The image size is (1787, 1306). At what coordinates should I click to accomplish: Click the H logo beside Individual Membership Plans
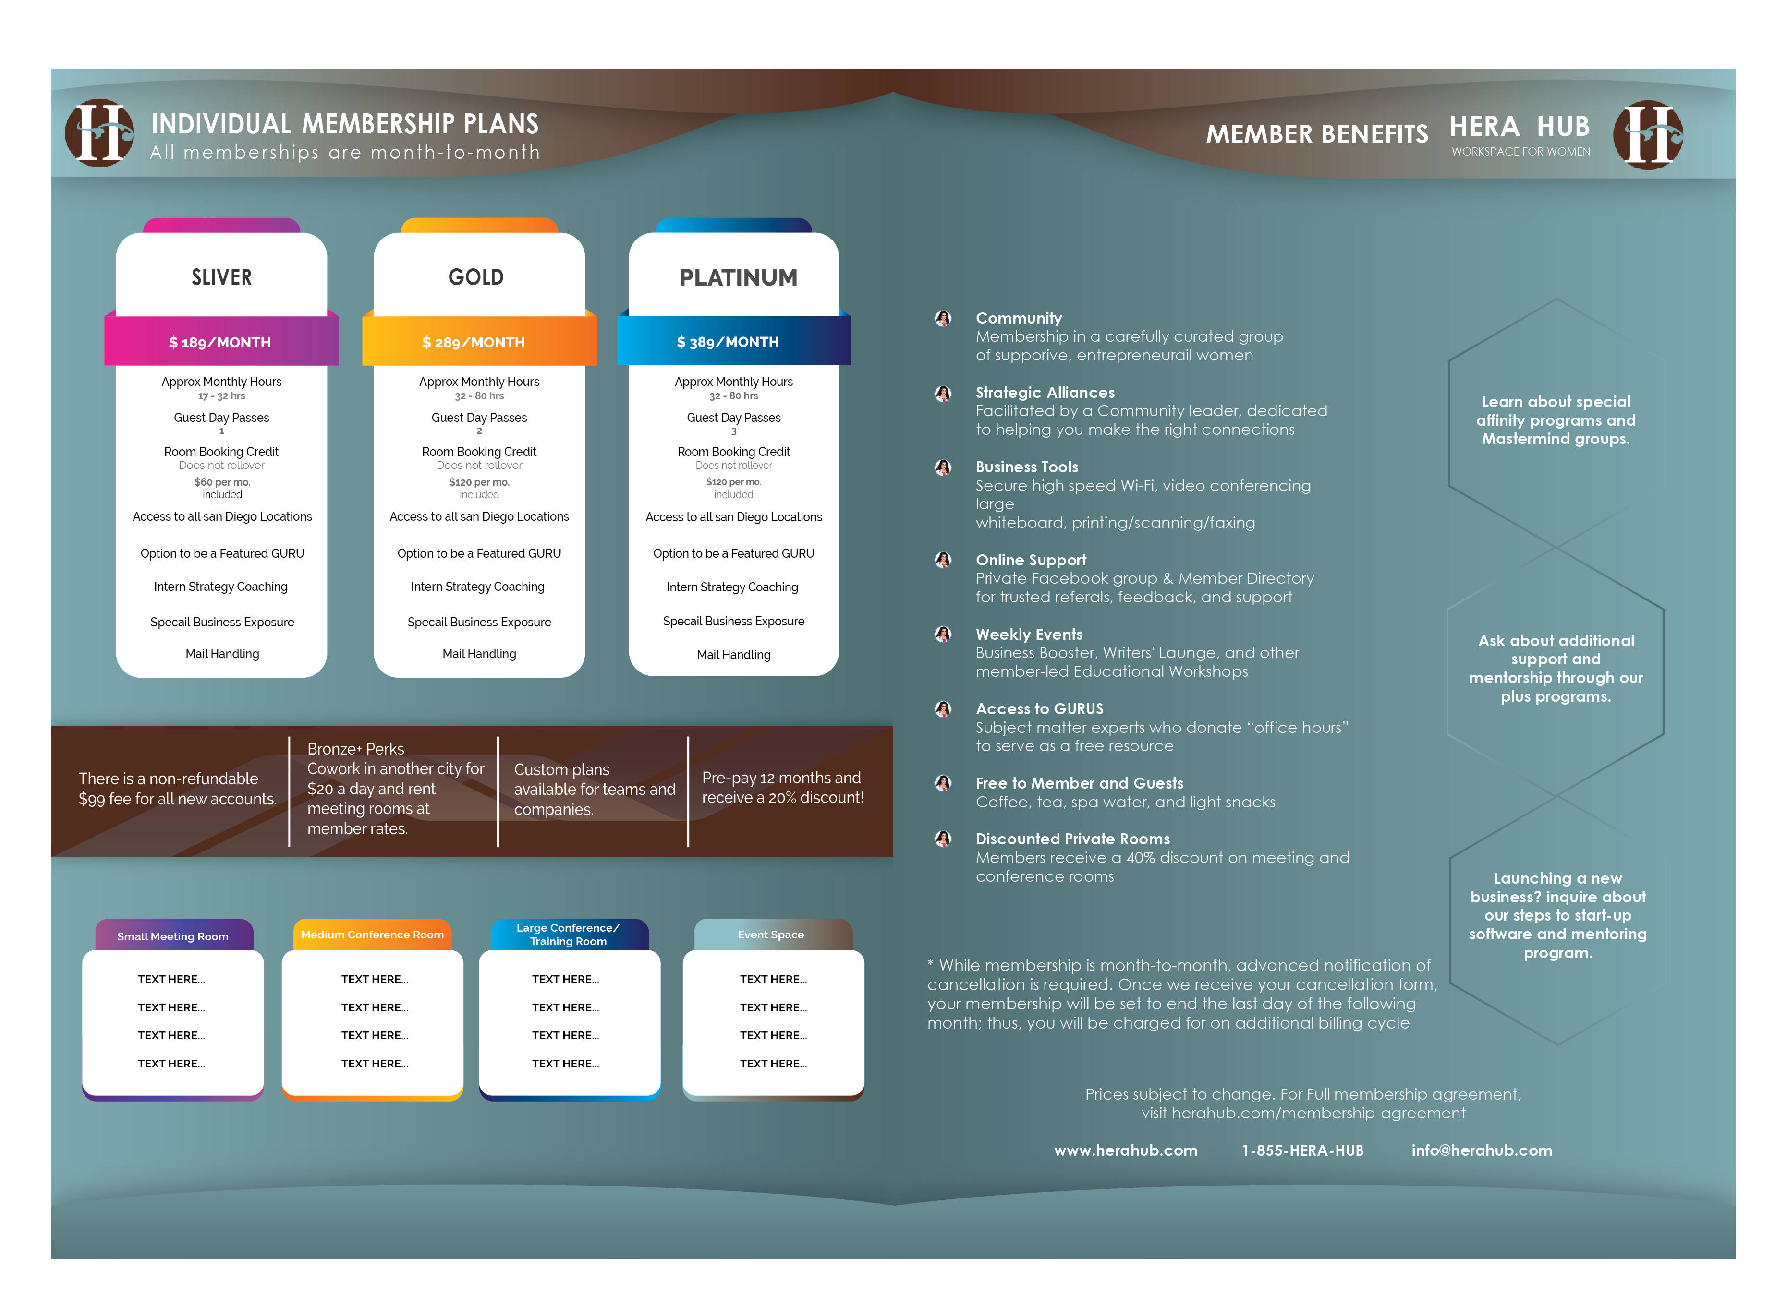(x=100, y=133)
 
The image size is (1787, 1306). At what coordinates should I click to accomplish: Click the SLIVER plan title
(x=221, y=277)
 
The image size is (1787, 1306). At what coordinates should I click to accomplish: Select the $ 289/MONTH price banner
(x=474, y=342)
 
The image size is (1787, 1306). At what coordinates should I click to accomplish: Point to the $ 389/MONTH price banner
(x=728, y=342)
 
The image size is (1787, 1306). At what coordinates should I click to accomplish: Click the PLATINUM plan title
(x=738, y=277)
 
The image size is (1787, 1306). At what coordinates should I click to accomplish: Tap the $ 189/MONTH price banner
(x=220, y=342)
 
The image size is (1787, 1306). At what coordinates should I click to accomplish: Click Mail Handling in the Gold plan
(x=479, y=654)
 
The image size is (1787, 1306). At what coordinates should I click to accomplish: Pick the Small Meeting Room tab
(x=173, y=936)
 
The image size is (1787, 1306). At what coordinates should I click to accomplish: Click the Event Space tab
(x=771, y=935)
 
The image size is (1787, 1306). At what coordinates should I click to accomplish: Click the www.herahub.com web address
(x=1125, y=1150)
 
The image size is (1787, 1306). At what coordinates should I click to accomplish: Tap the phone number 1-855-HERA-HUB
(x=1302, y=1150)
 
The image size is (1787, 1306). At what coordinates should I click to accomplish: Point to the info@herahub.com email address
(x=1481, y=1150)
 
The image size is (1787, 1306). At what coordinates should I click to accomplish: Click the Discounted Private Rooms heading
(x=1072, y=839)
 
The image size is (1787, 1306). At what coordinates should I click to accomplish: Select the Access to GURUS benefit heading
(x=1039, y=709)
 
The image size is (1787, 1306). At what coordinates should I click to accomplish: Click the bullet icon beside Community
(x=942, y=319)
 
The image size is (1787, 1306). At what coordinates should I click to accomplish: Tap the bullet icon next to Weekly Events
(x=942, y=634)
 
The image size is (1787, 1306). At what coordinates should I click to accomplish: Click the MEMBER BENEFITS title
(x=1316, y=134)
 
